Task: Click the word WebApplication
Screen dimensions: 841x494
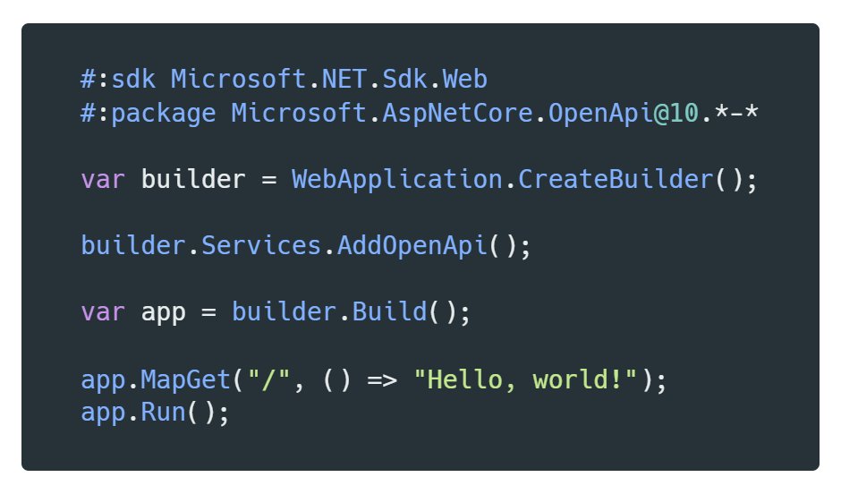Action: pos(396,179)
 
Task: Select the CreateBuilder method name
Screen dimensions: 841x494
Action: pos(616,179)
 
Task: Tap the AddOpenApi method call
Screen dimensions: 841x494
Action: pos(412,245)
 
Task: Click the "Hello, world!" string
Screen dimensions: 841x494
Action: pos(525,379)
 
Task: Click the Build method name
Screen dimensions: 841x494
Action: pos(389,312)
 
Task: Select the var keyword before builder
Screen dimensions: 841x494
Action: pos(103,179)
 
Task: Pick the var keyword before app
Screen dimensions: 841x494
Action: pos(103,312)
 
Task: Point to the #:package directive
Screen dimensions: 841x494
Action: pos(148,113)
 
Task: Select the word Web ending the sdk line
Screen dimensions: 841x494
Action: pos(464,79)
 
